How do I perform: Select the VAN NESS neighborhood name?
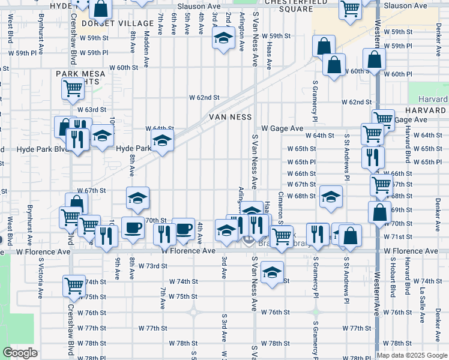click(230, 116)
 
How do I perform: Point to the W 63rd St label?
click(91, 110)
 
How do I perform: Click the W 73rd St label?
click(152, 265)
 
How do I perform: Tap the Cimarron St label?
click(280, 206)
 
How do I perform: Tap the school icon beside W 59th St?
click(223, 38)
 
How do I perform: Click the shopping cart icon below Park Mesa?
click(73, 89)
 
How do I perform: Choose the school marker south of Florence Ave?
click(272, 273)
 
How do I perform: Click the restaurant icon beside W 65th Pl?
click(373, 157)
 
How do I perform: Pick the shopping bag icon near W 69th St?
click(379, 212)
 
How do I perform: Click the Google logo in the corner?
click(20, 353)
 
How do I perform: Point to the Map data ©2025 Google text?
click(411, 355)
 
